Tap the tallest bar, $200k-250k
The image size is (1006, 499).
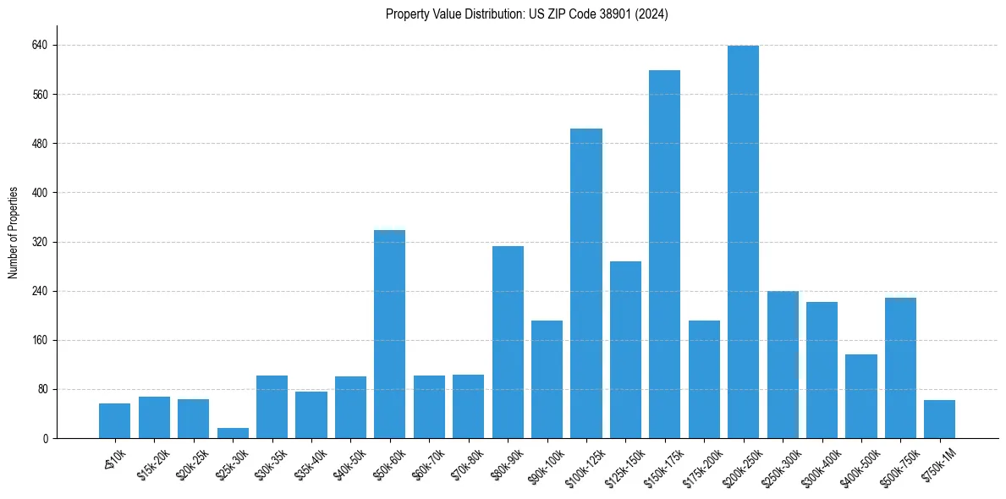(743, 242)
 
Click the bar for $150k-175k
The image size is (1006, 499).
(664, 254)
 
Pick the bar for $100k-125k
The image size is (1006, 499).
(586, 283)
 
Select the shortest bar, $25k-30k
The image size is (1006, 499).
(233, 433)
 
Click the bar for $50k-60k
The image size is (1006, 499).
(390, 334)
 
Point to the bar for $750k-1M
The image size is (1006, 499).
(939, 419)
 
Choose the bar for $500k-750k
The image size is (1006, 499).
(900, 368)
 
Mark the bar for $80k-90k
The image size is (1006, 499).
(508, 343)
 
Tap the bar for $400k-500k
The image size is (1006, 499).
(860, 397)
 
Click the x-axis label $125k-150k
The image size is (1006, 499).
(620, 464)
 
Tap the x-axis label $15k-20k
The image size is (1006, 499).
(151, 463)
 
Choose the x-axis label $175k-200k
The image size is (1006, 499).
(699, 464)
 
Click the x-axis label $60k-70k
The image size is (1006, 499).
(426, 463)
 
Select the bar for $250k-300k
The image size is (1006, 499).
(783, 365)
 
